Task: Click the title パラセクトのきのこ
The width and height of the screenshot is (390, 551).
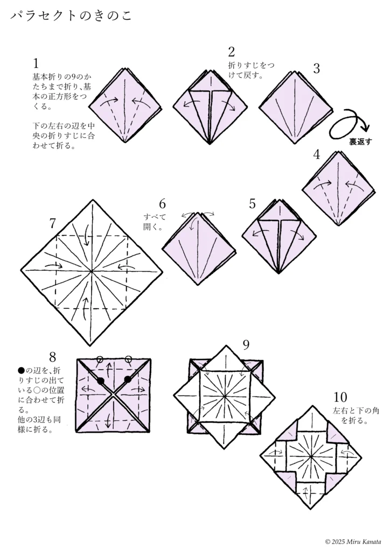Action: click(x=70, y=16)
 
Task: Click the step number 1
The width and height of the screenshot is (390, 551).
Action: click(x=36, y=63)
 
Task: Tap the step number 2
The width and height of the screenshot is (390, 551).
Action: click(x=232, y=52)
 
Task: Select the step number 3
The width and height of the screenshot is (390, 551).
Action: click(x=316, y=68)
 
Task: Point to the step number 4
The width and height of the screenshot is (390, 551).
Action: click(x=317, y=154)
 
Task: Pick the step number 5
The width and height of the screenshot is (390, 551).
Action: click(x=253, y=204)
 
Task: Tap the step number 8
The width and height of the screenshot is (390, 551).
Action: click(x=52, y=357)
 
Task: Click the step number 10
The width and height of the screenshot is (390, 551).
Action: click(x=340, y=398)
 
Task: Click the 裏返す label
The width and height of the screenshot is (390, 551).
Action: click(x=360, y=142)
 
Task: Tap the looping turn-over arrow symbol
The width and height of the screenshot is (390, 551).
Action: click(x=350, y=123)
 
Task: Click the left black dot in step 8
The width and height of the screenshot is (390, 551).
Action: click(x=101, y=380)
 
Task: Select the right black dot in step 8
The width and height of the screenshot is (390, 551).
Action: click(x=128, y=379)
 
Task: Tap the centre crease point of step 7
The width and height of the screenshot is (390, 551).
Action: click(x=92, y=271)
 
